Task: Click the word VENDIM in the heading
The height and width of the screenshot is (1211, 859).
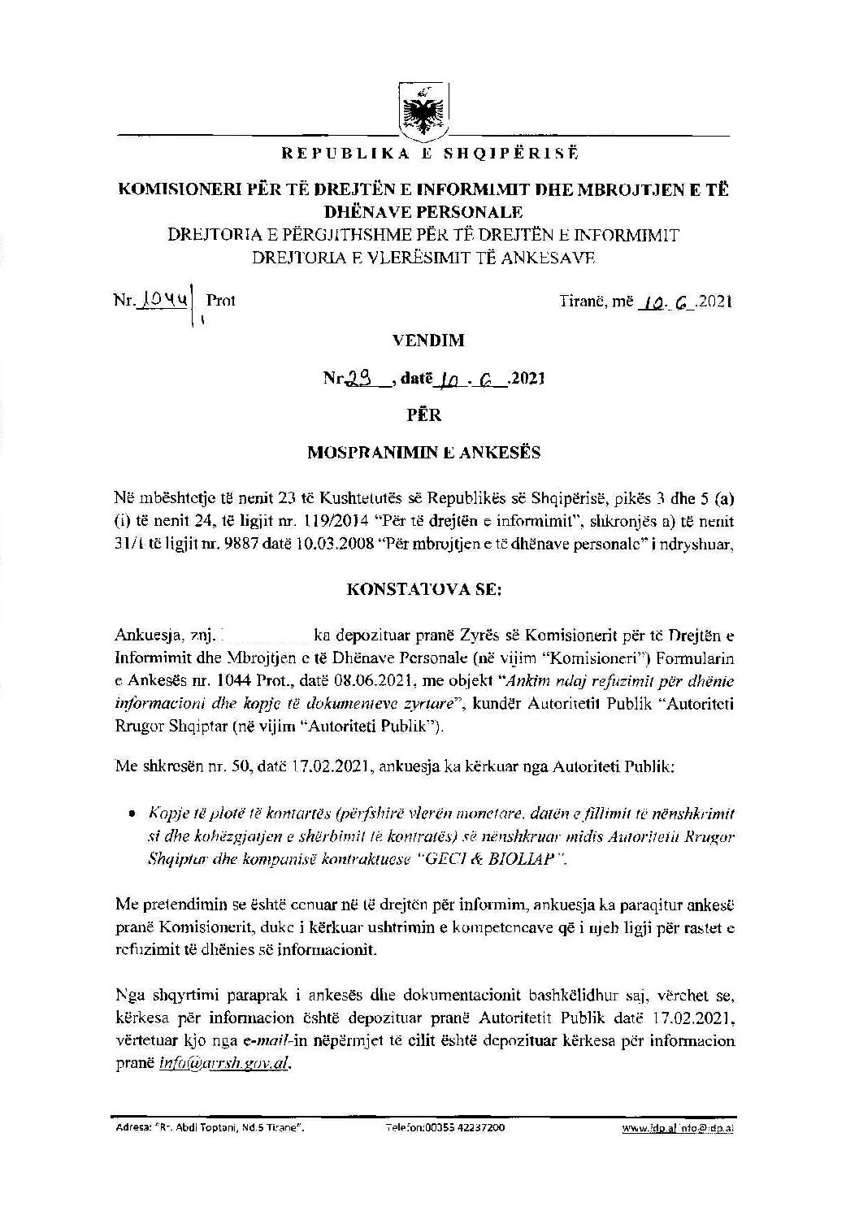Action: [428, 341]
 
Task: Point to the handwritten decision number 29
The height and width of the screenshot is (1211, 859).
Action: [357, 378]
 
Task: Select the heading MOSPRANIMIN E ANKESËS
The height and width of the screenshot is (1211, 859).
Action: [423, 453]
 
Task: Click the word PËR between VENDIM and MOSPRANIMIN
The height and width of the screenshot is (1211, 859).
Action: [423, 415]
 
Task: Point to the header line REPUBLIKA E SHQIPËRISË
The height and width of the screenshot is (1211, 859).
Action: [420, 152]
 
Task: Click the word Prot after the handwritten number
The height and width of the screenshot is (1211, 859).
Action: [221, 300]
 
